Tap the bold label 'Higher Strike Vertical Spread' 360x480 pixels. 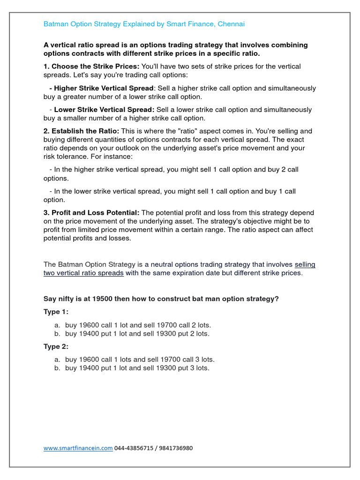(104, 88)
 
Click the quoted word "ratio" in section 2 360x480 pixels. (206, 131)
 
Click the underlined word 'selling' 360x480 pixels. (305, 264)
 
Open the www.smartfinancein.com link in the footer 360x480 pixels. (78, 448)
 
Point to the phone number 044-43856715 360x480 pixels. (133, 448)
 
